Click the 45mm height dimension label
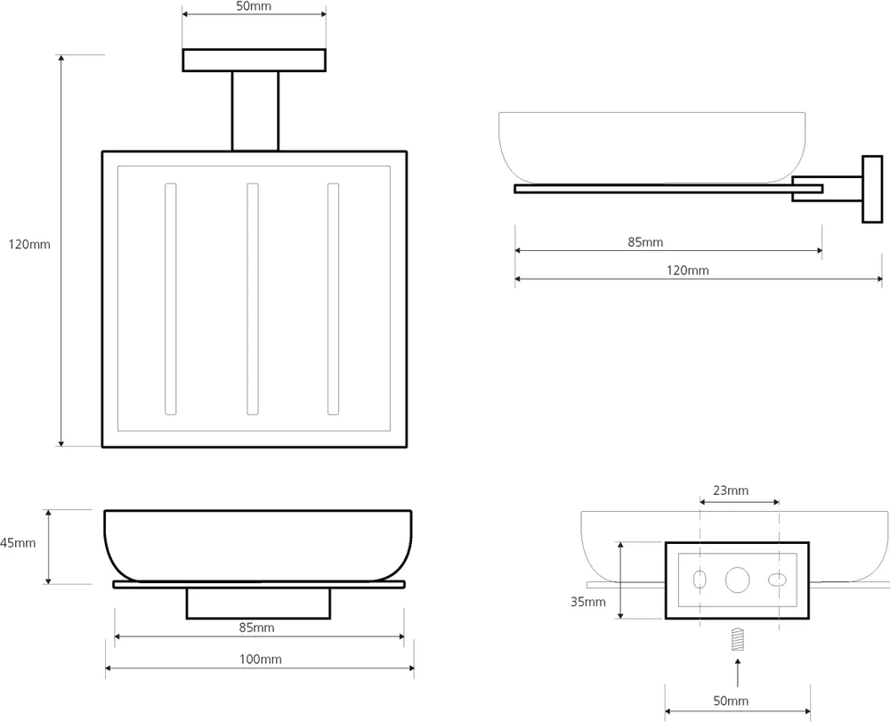[x=18, y=543]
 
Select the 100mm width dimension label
[x=259, y=660]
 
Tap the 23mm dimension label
[x=731, y=491]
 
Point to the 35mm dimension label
[x=588, y=602]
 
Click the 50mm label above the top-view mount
[x=254, y=6]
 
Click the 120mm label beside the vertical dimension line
[x=29, y=244]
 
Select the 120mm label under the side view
[x=688, y=271]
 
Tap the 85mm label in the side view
[x=645, y=242]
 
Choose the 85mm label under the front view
[x=257, y=628]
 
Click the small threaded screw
[x=736, y=639]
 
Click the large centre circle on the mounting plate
[x=737, y=580]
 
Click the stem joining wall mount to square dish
[x=255, y=111]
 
